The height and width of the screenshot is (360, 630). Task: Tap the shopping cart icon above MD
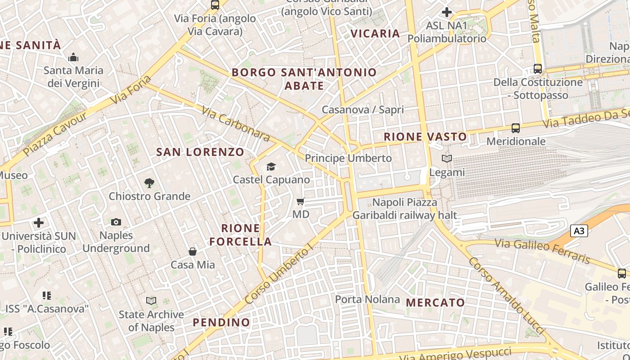301,201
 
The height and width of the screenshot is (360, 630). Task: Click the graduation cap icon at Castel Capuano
271,167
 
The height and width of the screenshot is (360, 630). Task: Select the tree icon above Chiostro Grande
149,183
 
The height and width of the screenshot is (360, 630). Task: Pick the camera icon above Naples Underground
116,222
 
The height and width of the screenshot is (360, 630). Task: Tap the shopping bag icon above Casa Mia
193,251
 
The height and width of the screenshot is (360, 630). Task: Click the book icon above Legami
447,159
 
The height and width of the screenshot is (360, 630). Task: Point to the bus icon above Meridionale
516,128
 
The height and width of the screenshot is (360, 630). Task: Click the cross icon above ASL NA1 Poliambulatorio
447,12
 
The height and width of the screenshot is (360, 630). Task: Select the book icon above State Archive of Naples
151,301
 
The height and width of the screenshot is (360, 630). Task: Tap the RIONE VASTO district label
425,137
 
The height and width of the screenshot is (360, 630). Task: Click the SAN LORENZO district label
200,152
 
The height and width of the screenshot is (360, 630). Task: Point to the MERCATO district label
435,302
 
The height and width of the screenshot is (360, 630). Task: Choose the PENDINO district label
221,322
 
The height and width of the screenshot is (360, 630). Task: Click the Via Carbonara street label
235,124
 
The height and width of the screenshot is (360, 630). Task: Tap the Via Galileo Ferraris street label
542,251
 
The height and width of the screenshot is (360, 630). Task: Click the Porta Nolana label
367,299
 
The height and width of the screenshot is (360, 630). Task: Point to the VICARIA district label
375,33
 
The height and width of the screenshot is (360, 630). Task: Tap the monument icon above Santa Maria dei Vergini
73,58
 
